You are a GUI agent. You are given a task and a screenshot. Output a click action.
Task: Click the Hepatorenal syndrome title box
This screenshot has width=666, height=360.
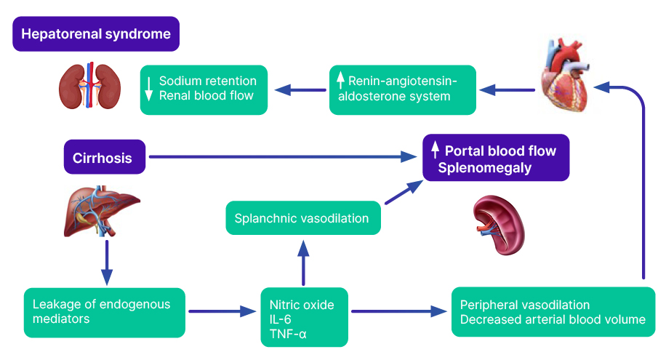pyautogui.click(x=96, y=34)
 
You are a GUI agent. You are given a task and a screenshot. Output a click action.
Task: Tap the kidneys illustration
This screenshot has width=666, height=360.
pyautogui.click(x=89, y=87)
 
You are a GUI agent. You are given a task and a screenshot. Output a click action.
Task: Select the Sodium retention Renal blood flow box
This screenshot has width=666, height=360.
pyautogui.click(x=204, y=89)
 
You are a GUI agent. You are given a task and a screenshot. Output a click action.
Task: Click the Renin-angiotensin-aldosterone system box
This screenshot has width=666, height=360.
pyautogui.click(x=402, y=89)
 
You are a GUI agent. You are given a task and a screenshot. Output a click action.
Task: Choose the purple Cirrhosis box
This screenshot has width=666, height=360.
pyautogui.click(x=104, y=157)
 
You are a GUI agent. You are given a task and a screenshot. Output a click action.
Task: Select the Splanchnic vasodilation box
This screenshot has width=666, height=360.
pyautogui.click(x=303, y=218)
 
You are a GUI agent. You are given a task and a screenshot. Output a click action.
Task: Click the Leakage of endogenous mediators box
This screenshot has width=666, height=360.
pyautogui.click(x=104, y=313)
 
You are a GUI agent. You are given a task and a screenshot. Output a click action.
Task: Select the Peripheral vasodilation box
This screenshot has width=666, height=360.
pyautogui.click(x=548, y=312)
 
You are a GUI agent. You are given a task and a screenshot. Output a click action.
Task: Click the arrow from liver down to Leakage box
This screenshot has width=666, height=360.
pyautogui.click(x=107, y=262)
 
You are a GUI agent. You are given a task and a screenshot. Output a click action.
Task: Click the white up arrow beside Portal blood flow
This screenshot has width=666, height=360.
pyautogui.click(x=435, y=151)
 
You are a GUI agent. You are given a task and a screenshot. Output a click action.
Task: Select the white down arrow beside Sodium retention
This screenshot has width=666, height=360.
pyautogui.click(x=149, y=89)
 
